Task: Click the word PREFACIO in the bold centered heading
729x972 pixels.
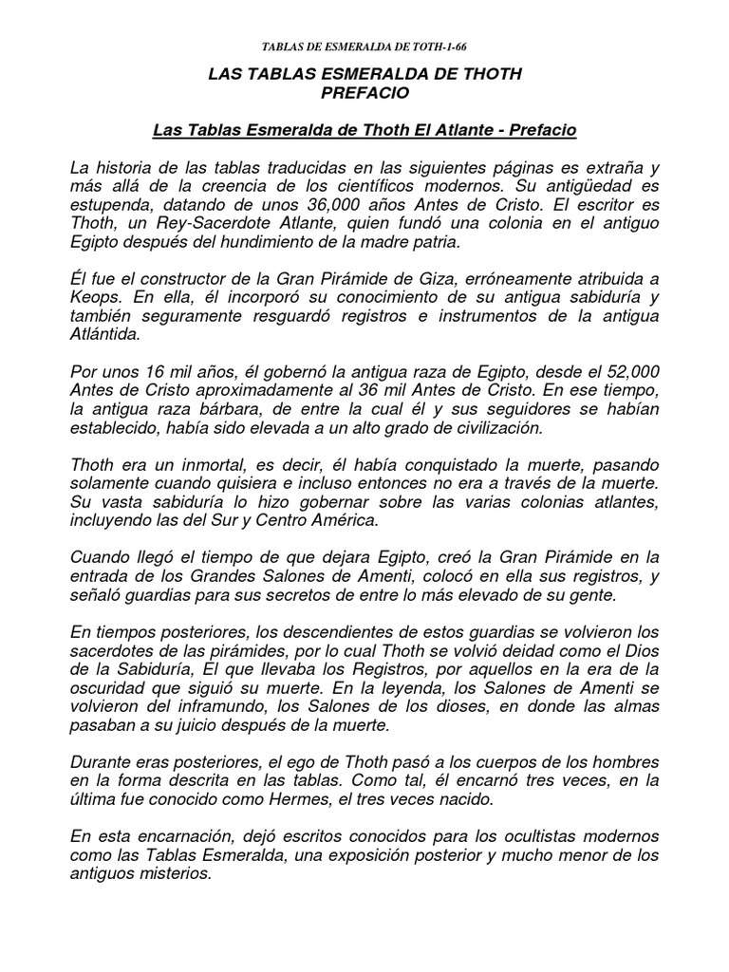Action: pos(364,93)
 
